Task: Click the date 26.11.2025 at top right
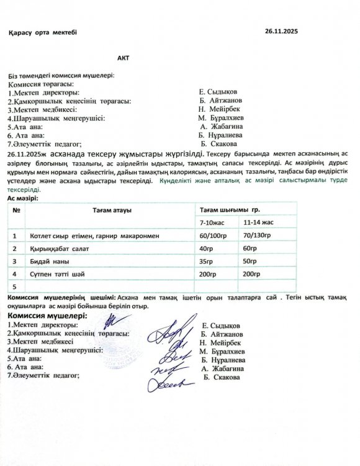282,30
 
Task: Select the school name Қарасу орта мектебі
43,32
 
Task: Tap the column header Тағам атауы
112,211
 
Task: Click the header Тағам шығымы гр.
229,211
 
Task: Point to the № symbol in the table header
15,211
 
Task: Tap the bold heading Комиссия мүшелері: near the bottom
47,316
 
